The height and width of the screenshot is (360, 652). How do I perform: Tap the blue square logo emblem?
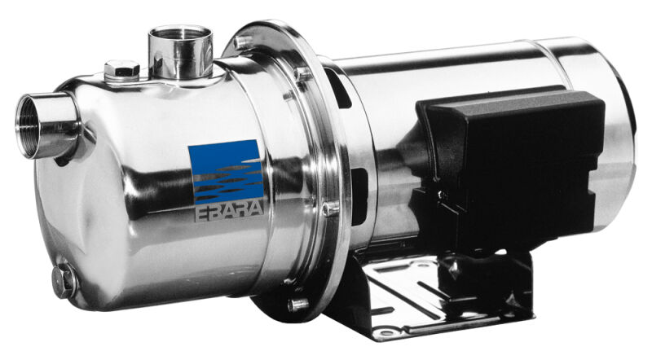[227, 171]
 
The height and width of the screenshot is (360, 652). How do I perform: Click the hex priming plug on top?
[121, 70]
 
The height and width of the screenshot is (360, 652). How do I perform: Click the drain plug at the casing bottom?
[64, 281]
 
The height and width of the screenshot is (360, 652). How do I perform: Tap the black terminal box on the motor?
[512, 166]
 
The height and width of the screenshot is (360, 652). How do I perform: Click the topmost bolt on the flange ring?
[242, 42]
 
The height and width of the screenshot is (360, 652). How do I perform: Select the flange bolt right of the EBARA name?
[331, 209]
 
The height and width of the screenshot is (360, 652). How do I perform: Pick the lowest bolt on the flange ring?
[297, 305]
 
